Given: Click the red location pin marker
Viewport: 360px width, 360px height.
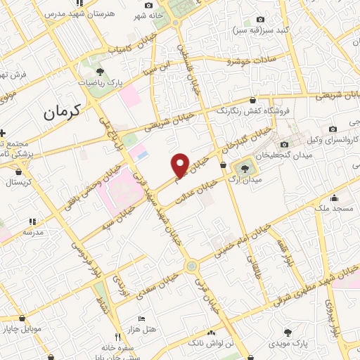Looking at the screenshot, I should pyautogui.click(x=181, y=165).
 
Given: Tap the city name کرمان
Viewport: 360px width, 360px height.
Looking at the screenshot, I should pyautogui.click(x=61, y=110).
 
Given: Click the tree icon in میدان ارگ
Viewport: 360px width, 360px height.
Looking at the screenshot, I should pyautogui.click(x=245, y=168).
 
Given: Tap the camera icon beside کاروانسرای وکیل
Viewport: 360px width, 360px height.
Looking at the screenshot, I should pyautogui.click(x=333, y=128).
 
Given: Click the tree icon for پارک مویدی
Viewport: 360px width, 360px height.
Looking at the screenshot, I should pyautogui.click(x=288, y=332).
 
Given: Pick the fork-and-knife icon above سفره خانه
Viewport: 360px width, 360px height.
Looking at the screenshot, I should pyautogui.click(x=117, y=336).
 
